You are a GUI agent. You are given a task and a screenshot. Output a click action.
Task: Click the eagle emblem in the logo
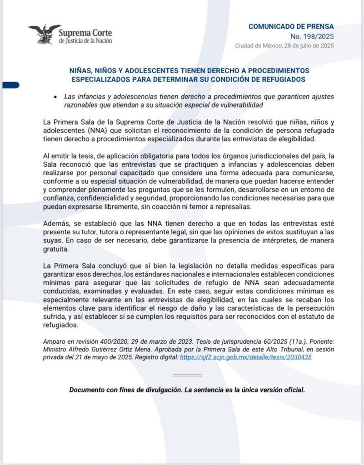44,33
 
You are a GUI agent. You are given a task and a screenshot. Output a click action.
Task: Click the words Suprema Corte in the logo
85,33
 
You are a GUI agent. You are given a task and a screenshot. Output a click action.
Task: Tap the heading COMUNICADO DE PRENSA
291,26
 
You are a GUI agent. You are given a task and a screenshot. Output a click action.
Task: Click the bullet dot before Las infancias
55,97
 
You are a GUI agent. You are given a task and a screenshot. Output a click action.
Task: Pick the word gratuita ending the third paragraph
55,249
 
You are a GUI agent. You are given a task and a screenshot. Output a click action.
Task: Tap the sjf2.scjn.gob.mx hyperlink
245,357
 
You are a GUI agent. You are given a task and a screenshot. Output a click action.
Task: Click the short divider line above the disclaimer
188,375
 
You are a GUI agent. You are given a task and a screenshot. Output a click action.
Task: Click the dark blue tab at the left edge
9,84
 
